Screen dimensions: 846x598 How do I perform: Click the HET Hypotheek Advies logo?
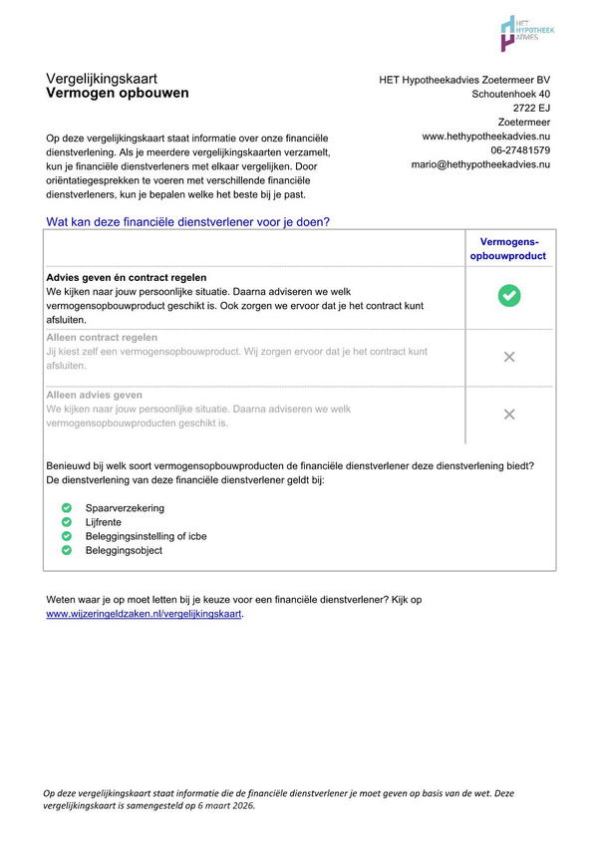526,34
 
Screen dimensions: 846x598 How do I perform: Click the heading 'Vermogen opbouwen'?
117,94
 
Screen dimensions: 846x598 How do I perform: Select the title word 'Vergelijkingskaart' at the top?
102,78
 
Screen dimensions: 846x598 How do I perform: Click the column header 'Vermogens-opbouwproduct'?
508,248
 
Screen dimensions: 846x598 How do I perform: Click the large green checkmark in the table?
509,295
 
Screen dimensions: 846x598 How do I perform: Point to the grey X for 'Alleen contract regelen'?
509,357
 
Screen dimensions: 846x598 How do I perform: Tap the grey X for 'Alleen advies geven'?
509,415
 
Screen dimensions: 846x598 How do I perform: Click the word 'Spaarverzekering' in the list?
125,508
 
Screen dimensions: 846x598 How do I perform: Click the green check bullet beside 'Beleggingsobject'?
67,550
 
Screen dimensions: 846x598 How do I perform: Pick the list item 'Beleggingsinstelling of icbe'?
146,536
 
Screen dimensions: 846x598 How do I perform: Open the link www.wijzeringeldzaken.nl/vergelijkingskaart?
144,614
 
